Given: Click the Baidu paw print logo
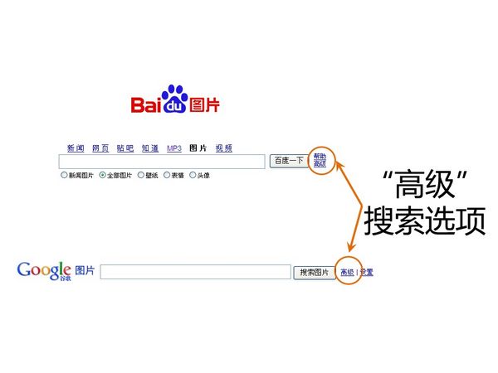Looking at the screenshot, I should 174,98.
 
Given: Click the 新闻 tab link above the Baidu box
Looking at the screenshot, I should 76,148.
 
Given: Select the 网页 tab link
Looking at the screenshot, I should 100,148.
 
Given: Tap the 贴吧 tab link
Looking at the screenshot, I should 125,148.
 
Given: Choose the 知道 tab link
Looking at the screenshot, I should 150,148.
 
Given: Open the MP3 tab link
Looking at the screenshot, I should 174,148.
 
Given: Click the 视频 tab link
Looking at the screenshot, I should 224,148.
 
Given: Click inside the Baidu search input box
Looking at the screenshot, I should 162,161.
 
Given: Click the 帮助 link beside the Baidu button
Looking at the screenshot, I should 320,156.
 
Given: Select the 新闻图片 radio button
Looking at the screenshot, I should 64,175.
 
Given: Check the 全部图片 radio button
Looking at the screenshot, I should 102,175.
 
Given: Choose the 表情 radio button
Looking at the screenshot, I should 167,175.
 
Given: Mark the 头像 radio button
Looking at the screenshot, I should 193,175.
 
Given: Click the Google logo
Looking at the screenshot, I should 43,270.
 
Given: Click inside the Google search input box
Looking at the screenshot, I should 195,272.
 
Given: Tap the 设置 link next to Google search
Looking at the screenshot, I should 367,272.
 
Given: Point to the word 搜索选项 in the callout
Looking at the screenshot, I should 424,219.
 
